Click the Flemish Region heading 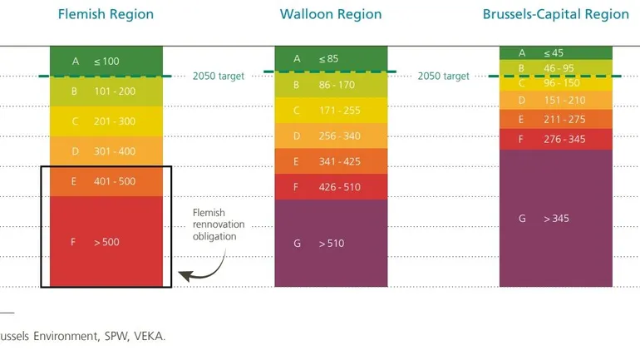pos(106,14)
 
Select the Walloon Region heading pos(331,14)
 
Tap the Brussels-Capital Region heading pos(556,14)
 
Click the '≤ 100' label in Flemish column pos(106,62)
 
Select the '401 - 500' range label pos(115,181)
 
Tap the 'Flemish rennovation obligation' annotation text pos(214,224)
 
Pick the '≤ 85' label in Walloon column pos(329,59)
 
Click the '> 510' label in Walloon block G pos(331,244)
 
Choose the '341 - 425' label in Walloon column pos(339,161)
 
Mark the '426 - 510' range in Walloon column pos(339,187)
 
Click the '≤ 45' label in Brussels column pos(553,52)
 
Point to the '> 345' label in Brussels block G pos(557,219)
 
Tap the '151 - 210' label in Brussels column pos(564,101)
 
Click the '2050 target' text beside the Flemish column pos(218,76)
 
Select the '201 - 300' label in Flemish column pos(115,121)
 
